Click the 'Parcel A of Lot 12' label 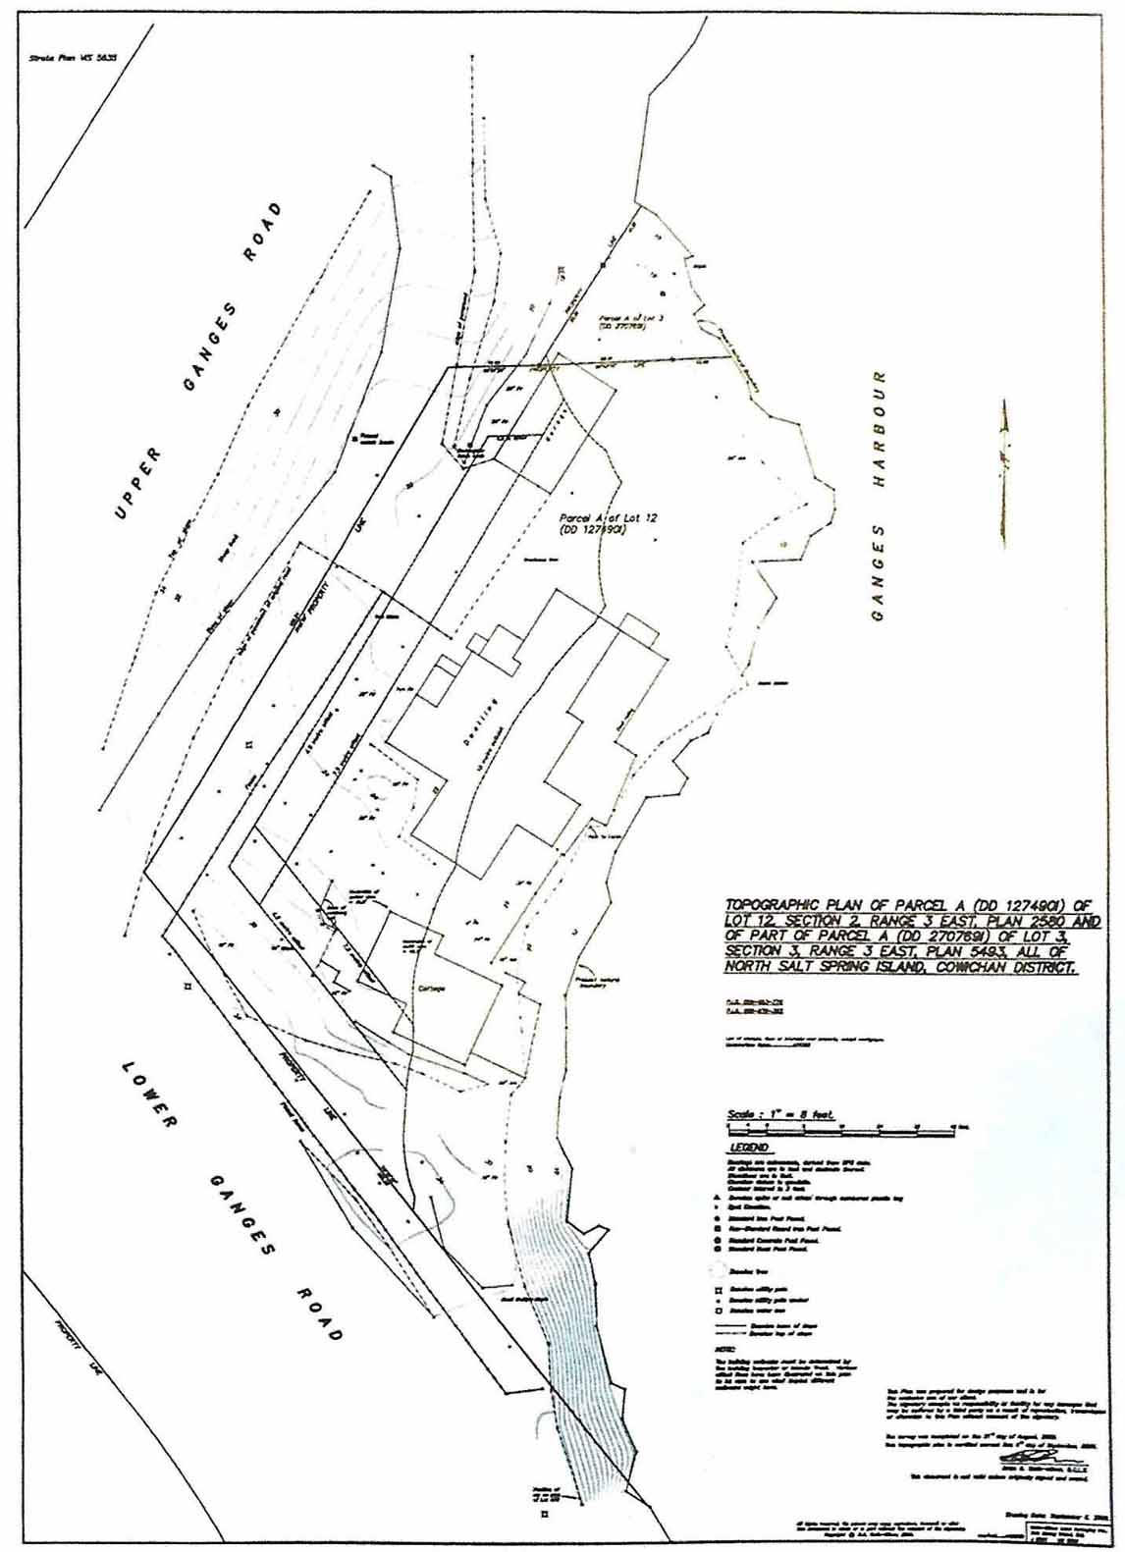pyautogui.click(x=591, y=521)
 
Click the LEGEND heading pyautogui.click(x=748, y=1148)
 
